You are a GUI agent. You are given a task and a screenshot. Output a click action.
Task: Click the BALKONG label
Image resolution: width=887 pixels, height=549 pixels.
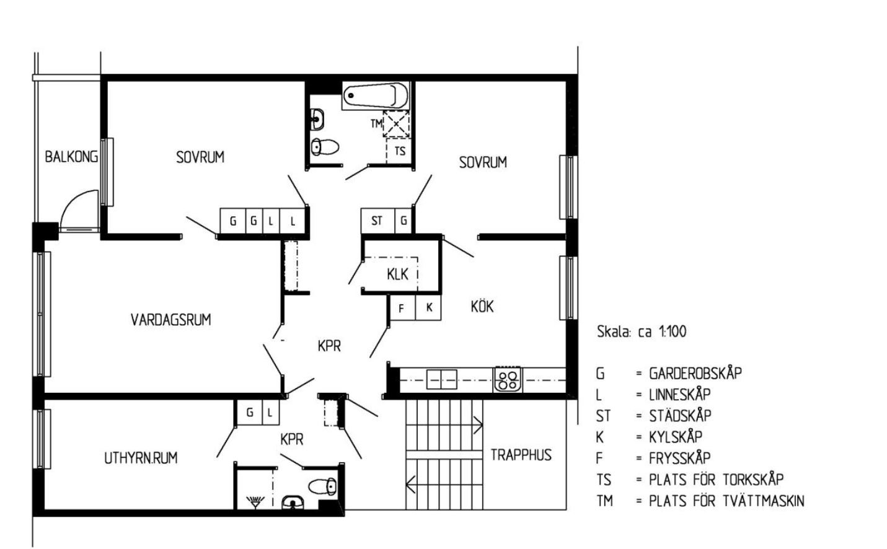point(71,157)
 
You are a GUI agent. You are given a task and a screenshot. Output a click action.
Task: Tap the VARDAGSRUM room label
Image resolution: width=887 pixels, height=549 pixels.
point(170,320)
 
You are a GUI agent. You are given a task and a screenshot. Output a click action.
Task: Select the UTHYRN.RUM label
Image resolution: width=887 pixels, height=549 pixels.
point(141,458)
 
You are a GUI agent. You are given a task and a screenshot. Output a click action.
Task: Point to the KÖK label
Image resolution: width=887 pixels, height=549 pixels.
point(482,306)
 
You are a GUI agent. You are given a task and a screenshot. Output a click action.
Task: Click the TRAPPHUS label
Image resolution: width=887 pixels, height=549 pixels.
point(521,455)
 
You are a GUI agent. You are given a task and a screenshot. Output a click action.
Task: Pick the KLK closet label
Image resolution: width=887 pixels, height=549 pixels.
point(397,274)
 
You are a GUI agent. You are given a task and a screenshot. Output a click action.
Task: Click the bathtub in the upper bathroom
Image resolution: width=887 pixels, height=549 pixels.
point(376,95)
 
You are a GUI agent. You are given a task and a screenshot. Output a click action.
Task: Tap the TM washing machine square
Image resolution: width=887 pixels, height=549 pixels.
point(396,124)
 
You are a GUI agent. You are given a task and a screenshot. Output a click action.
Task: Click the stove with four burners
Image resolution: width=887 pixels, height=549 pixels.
point(507,380)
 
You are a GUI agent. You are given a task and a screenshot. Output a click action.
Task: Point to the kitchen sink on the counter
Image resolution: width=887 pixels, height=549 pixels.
point(441,380)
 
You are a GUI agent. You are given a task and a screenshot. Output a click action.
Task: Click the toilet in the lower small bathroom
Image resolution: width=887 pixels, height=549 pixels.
point(323,486)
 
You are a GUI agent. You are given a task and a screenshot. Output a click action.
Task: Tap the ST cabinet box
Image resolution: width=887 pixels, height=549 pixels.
point(377,221)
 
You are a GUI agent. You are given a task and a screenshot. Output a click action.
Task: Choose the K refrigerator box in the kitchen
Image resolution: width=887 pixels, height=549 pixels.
point(428,307)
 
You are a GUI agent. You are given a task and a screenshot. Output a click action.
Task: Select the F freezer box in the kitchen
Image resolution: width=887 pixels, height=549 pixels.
point(402,307)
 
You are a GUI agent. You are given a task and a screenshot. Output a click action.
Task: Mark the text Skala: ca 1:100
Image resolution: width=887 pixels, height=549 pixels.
point(642,332)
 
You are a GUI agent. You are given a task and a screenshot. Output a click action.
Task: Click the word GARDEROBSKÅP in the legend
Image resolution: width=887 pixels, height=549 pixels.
point(695,373)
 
